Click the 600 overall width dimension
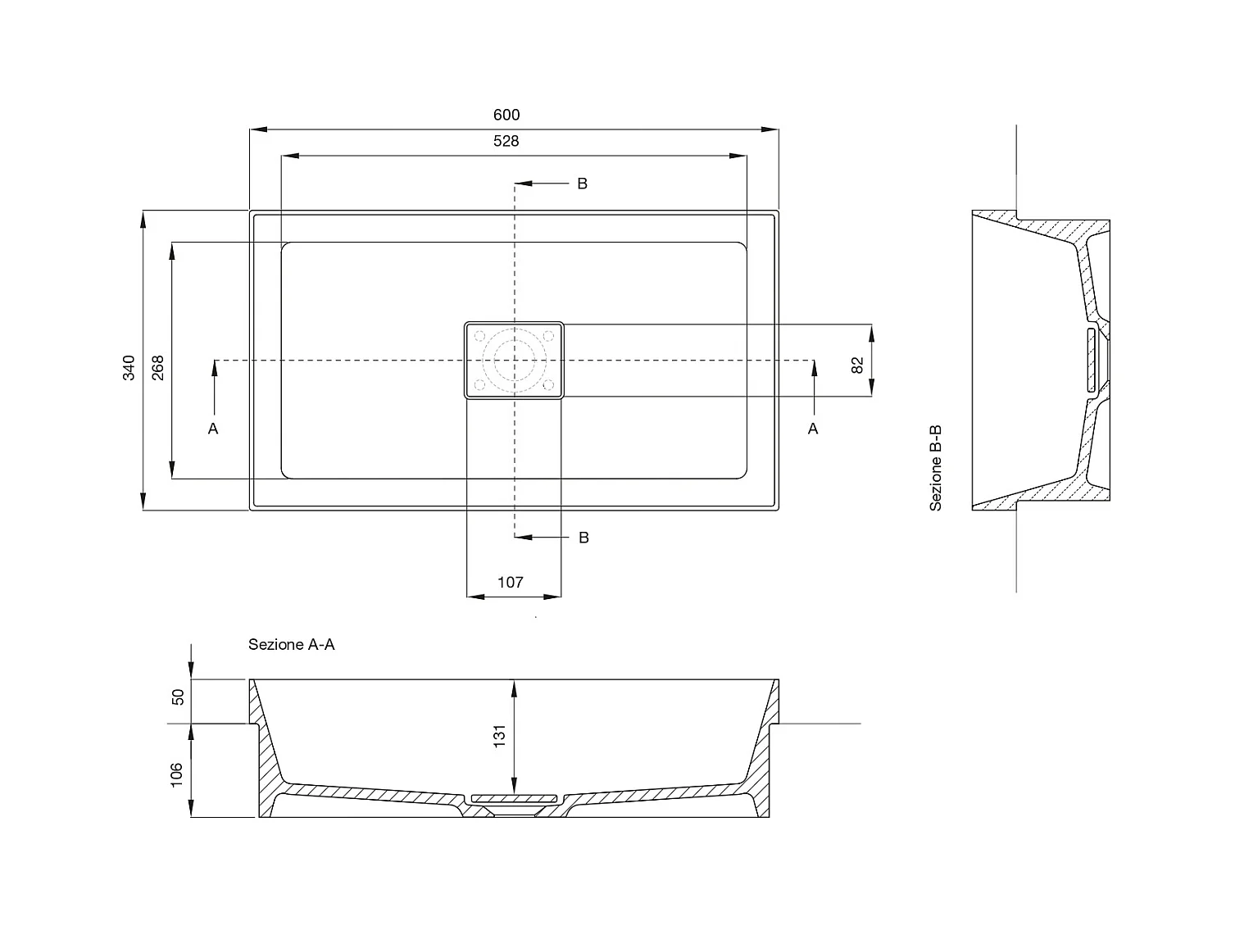click(x=506, y=115)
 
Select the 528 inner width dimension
click(x=506, y=141)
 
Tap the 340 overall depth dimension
click(x=129, y=368)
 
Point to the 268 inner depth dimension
click(x=158, y=367)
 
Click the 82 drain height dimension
click(x=858, y=365)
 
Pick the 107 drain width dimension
click(x=511, y=582)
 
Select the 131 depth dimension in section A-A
click(x=500, y=735)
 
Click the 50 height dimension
click(x=178, y=697)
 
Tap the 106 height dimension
click(x=178, y=774)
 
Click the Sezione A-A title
click(x=292, y=645)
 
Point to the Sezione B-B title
click(x=936, y=468)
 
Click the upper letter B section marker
click(x=582, y=184)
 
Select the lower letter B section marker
click(x=583, y=538)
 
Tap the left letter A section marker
click(x=213, y=429)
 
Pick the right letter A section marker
click(x=813, y=429)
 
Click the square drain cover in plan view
click(x=515, y=360)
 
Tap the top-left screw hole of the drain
click(x=481, y=335)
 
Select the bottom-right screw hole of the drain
click(x=547, y=384)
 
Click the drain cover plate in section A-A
click(x=514, y=797)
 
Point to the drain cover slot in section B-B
click(x=1092, y=359)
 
